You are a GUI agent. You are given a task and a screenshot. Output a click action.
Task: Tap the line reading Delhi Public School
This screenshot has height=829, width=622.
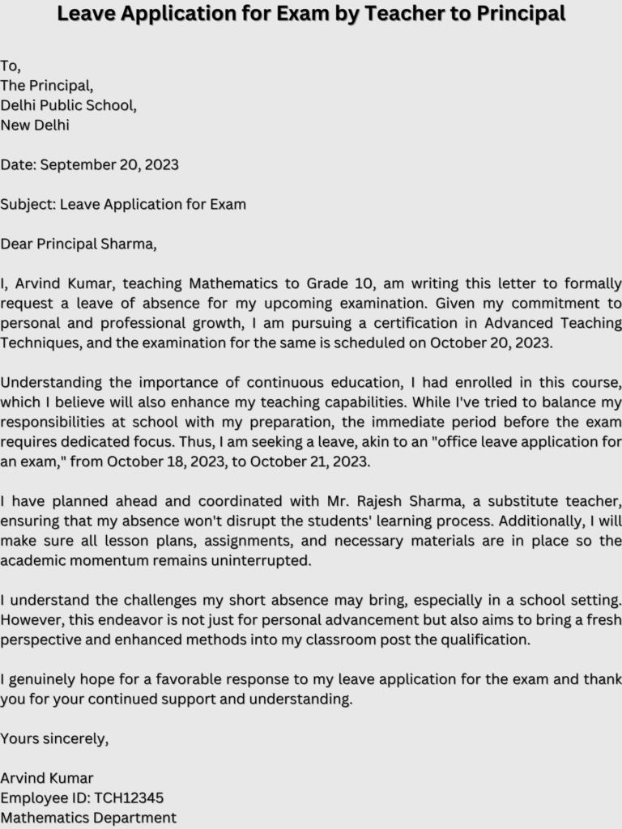point(68,105)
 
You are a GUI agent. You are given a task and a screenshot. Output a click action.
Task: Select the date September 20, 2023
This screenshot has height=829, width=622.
point(109,165)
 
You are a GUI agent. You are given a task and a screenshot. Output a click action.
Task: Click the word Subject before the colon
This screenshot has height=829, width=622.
point(28,205)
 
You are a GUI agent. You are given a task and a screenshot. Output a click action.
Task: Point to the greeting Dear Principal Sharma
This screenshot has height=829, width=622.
point(79,244)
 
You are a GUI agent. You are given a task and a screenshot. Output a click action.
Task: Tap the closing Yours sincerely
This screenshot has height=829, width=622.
point(54,738)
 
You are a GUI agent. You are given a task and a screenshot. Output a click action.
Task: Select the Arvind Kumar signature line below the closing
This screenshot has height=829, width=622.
point(47,778)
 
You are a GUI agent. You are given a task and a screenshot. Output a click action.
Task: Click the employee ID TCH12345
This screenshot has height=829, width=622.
point(129,798)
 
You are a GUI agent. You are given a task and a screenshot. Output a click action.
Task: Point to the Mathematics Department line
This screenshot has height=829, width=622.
point(88,818)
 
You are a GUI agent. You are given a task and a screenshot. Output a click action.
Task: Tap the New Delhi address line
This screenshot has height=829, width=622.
point(35,125)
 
